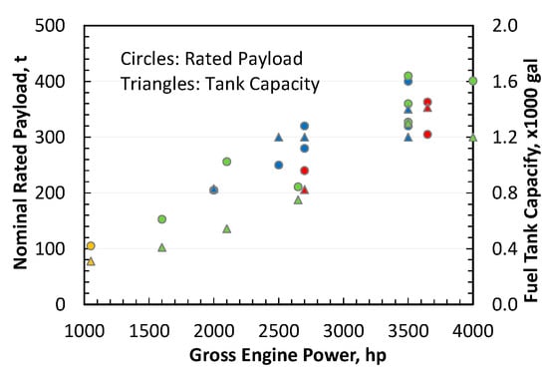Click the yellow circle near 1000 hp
point(91,245)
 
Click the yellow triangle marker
point(91,261)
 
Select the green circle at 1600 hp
point(162,219)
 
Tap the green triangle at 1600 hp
point(162,247)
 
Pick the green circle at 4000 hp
point(472,81)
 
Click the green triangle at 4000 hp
point(472,138)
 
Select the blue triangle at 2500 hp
point(279,137)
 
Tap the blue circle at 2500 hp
point(279,165)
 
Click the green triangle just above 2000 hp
point(227,228)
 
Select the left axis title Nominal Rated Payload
point(20,165)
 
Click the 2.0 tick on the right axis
point(493,25)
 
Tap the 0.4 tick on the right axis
point(493,248)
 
